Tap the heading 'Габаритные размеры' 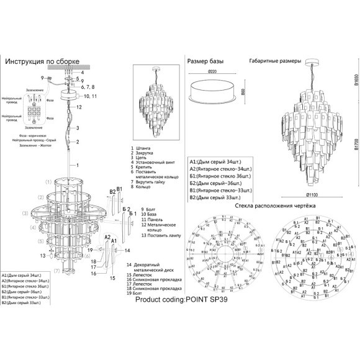275,61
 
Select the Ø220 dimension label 212,72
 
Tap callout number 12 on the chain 79,107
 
